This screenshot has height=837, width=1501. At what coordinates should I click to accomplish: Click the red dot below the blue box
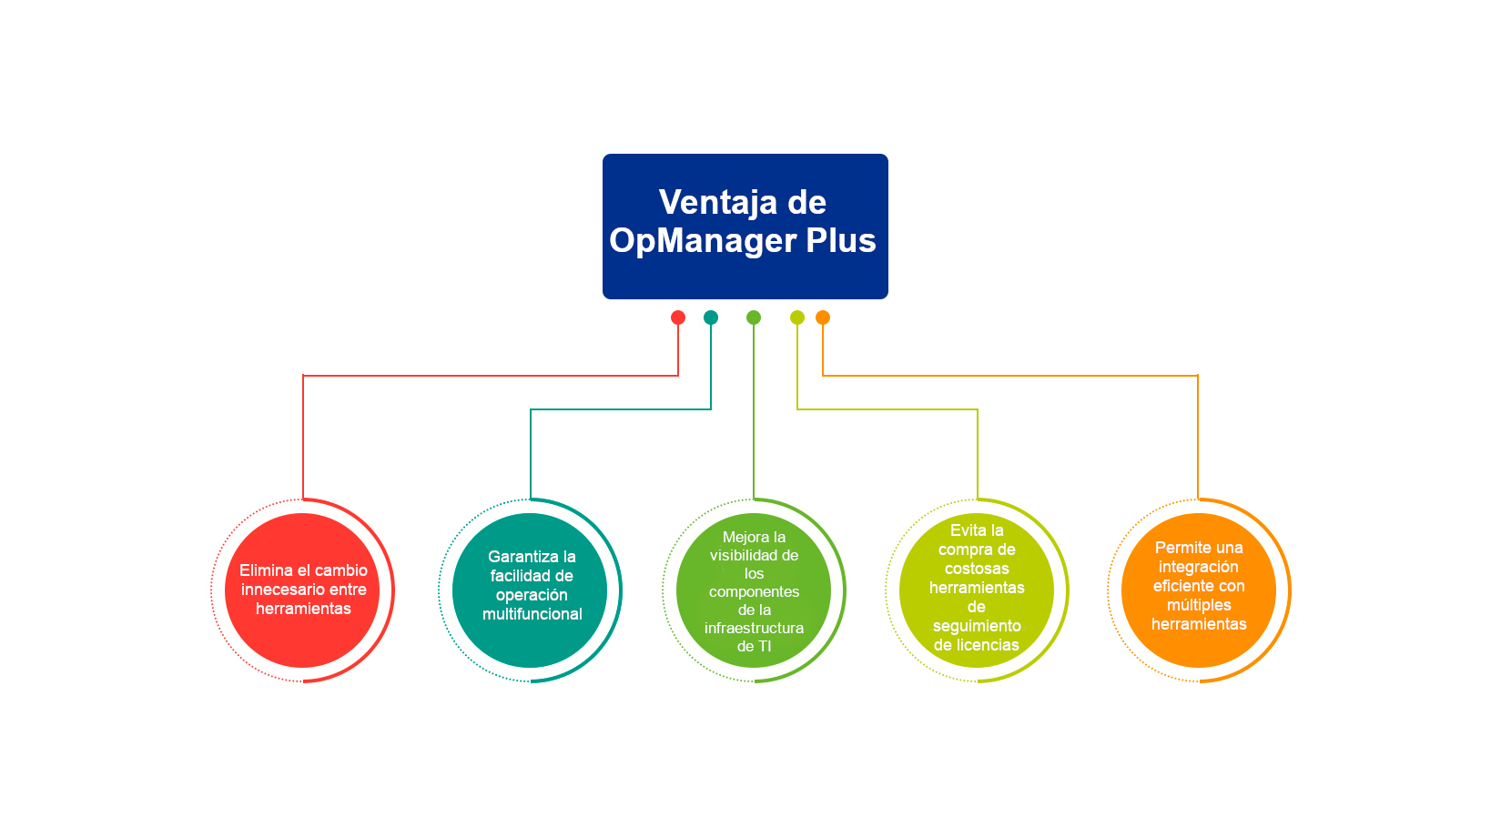[678, 318]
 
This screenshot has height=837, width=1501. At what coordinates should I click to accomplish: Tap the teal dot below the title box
[711, 318]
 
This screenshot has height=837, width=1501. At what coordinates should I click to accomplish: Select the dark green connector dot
[754, 318]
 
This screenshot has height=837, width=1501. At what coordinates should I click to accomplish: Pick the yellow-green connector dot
[797, 318]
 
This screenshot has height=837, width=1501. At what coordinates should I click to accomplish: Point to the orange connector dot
[823, 318]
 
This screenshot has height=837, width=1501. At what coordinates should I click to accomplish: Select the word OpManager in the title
[703, 241]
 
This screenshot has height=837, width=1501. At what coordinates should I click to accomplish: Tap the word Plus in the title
[841, 239]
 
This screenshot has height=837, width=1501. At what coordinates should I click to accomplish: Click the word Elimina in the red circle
[266, 570]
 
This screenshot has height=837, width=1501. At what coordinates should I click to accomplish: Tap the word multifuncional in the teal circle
[532, 614]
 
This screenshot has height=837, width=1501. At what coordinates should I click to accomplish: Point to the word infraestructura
[754, 628]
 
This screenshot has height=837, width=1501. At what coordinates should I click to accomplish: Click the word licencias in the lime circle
[986, 645]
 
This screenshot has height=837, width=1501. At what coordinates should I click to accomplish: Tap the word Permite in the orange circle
[1179, 547]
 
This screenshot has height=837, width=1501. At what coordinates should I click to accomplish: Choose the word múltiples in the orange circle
[1199, 605]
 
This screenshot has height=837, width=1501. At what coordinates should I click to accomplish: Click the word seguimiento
[977, 627]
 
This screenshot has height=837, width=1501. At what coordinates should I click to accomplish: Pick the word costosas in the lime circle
[977, 569]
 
